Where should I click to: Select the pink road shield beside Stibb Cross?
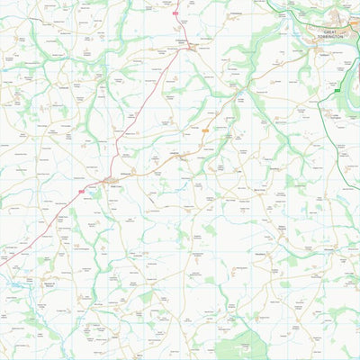[83, 191]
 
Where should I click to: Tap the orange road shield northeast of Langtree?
[205, 131]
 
